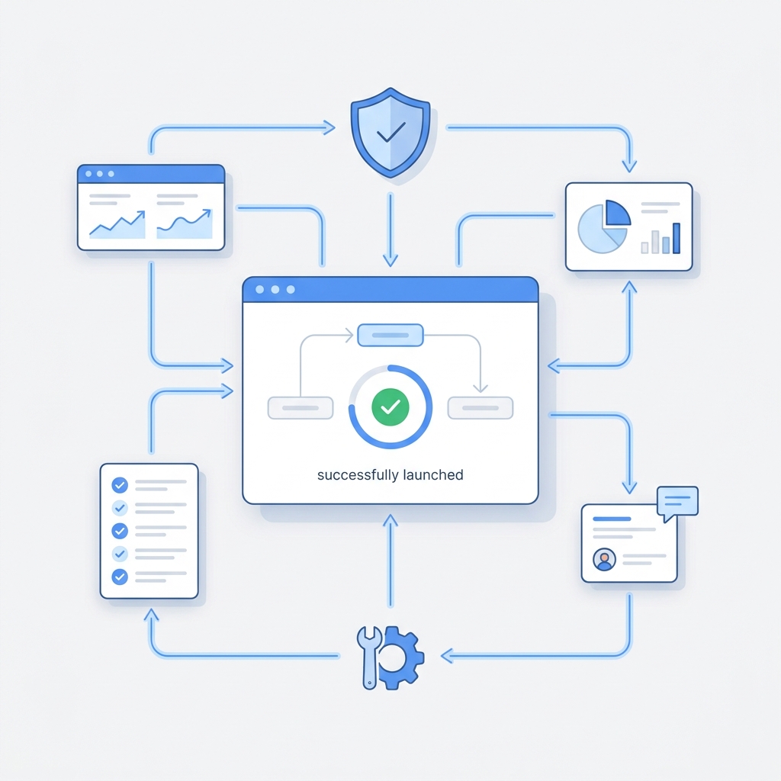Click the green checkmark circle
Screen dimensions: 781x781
[390, 407]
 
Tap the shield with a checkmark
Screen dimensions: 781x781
[390, 133]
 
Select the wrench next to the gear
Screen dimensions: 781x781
[369, 657]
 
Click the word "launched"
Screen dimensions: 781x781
[433, 474]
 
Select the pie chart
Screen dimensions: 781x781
[604, 227]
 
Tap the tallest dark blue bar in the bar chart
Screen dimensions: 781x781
[677, 238]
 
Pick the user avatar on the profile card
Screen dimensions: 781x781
[604, 559]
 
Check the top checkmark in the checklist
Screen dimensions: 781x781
[120, 484]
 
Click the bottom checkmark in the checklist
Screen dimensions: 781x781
[120, 577]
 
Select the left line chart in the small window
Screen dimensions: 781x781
[117, 224]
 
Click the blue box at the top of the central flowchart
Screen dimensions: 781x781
[390, 336]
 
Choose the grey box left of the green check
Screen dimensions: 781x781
[301, 408]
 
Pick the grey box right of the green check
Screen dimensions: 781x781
[480, 408]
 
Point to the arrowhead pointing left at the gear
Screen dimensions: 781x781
[447, 655]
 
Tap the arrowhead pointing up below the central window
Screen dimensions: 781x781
[390, 521]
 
